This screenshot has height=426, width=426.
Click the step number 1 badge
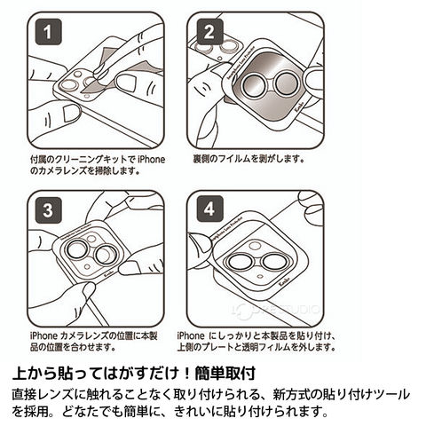click(48, 32)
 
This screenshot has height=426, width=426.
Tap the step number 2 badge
click(209, 32)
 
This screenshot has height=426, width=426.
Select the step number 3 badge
click(48, 210)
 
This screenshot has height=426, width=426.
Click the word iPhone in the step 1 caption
click(152, 160)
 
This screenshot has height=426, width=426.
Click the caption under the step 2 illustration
click(248, 159)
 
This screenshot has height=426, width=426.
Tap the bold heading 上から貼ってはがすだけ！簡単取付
click(134, 373)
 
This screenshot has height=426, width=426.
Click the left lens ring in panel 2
click(243, 84)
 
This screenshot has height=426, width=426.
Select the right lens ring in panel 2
click(275, 83)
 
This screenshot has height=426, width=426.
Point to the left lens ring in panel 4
click(227, 262)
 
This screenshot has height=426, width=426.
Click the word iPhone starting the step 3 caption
click(43, 335)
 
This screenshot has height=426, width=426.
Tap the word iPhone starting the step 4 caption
click(191, 335)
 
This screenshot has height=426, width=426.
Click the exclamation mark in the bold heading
click(186, 374)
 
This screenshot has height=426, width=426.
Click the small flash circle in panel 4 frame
click(260, 276)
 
